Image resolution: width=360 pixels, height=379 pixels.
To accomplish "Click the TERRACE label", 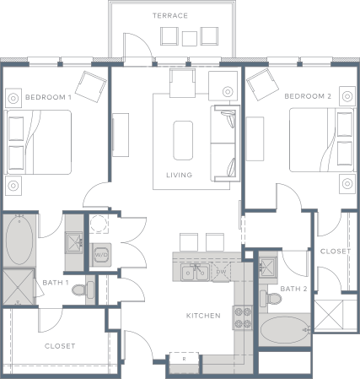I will [x=170, y=16].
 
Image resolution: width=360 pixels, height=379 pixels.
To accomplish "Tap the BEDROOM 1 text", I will [x=48, y=97].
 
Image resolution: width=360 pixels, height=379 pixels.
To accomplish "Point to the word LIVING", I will [x=179, y=176].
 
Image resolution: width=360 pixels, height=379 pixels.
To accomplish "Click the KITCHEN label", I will [x=203, y=316].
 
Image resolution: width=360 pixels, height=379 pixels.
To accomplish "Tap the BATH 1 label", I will [x=55, y=282].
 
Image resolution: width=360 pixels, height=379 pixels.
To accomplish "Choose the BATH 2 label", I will [x=294, y=289].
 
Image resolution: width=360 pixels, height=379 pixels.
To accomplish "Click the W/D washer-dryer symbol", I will [x=101, y=253].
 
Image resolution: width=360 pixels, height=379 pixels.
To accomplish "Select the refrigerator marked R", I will [x=185, y=360].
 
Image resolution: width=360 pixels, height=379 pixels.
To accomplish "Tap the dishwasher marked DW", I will [x=220, y=272].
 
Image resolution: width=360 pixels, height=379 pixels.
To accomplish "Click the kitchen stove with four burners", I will [x=243, y=317].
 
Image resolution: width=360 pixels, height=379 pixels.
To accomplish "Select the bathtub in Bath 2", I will [x=285, y=331].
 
